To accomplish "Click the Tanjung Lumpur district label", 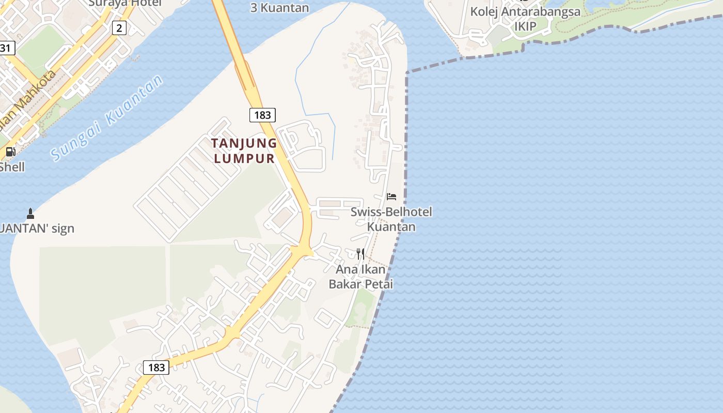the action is [x=244, y=151].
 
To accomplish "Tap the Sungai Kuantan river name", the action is [x=107, y=117].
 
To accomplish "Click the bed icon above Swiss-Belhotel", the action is [x=391, y=197].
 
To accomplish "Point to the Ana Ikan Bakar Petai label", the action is [x=360, y=277].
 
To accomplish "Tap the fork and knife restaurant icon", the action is [x=360, y=253].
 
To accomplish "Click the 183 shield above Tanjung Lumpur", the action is [x=262, y=115].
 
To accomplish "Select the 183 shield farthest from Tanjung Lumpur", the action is [x=156, y=367].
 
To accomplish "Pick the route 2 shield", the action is [x=119, y=28].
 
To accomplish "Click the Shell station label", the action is [x=12, y=167].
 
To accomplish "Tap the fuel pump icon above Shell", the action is [x=10, y=152].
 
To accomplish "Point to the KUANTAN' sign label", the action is [x=37, y=228].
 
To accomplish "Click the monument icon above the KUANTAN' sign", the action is [x=30, y=213].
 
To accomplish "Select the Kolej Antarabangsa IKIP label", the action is [x=525, y=19].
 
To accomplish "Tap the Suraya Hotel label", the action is [x=124, y=3].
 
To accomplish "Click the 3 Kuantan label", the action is [x=279, y=8].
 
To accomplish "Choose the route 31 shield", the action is [x=6, y=49].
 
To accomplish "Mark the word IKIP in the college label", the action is [x=525, y=26].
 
